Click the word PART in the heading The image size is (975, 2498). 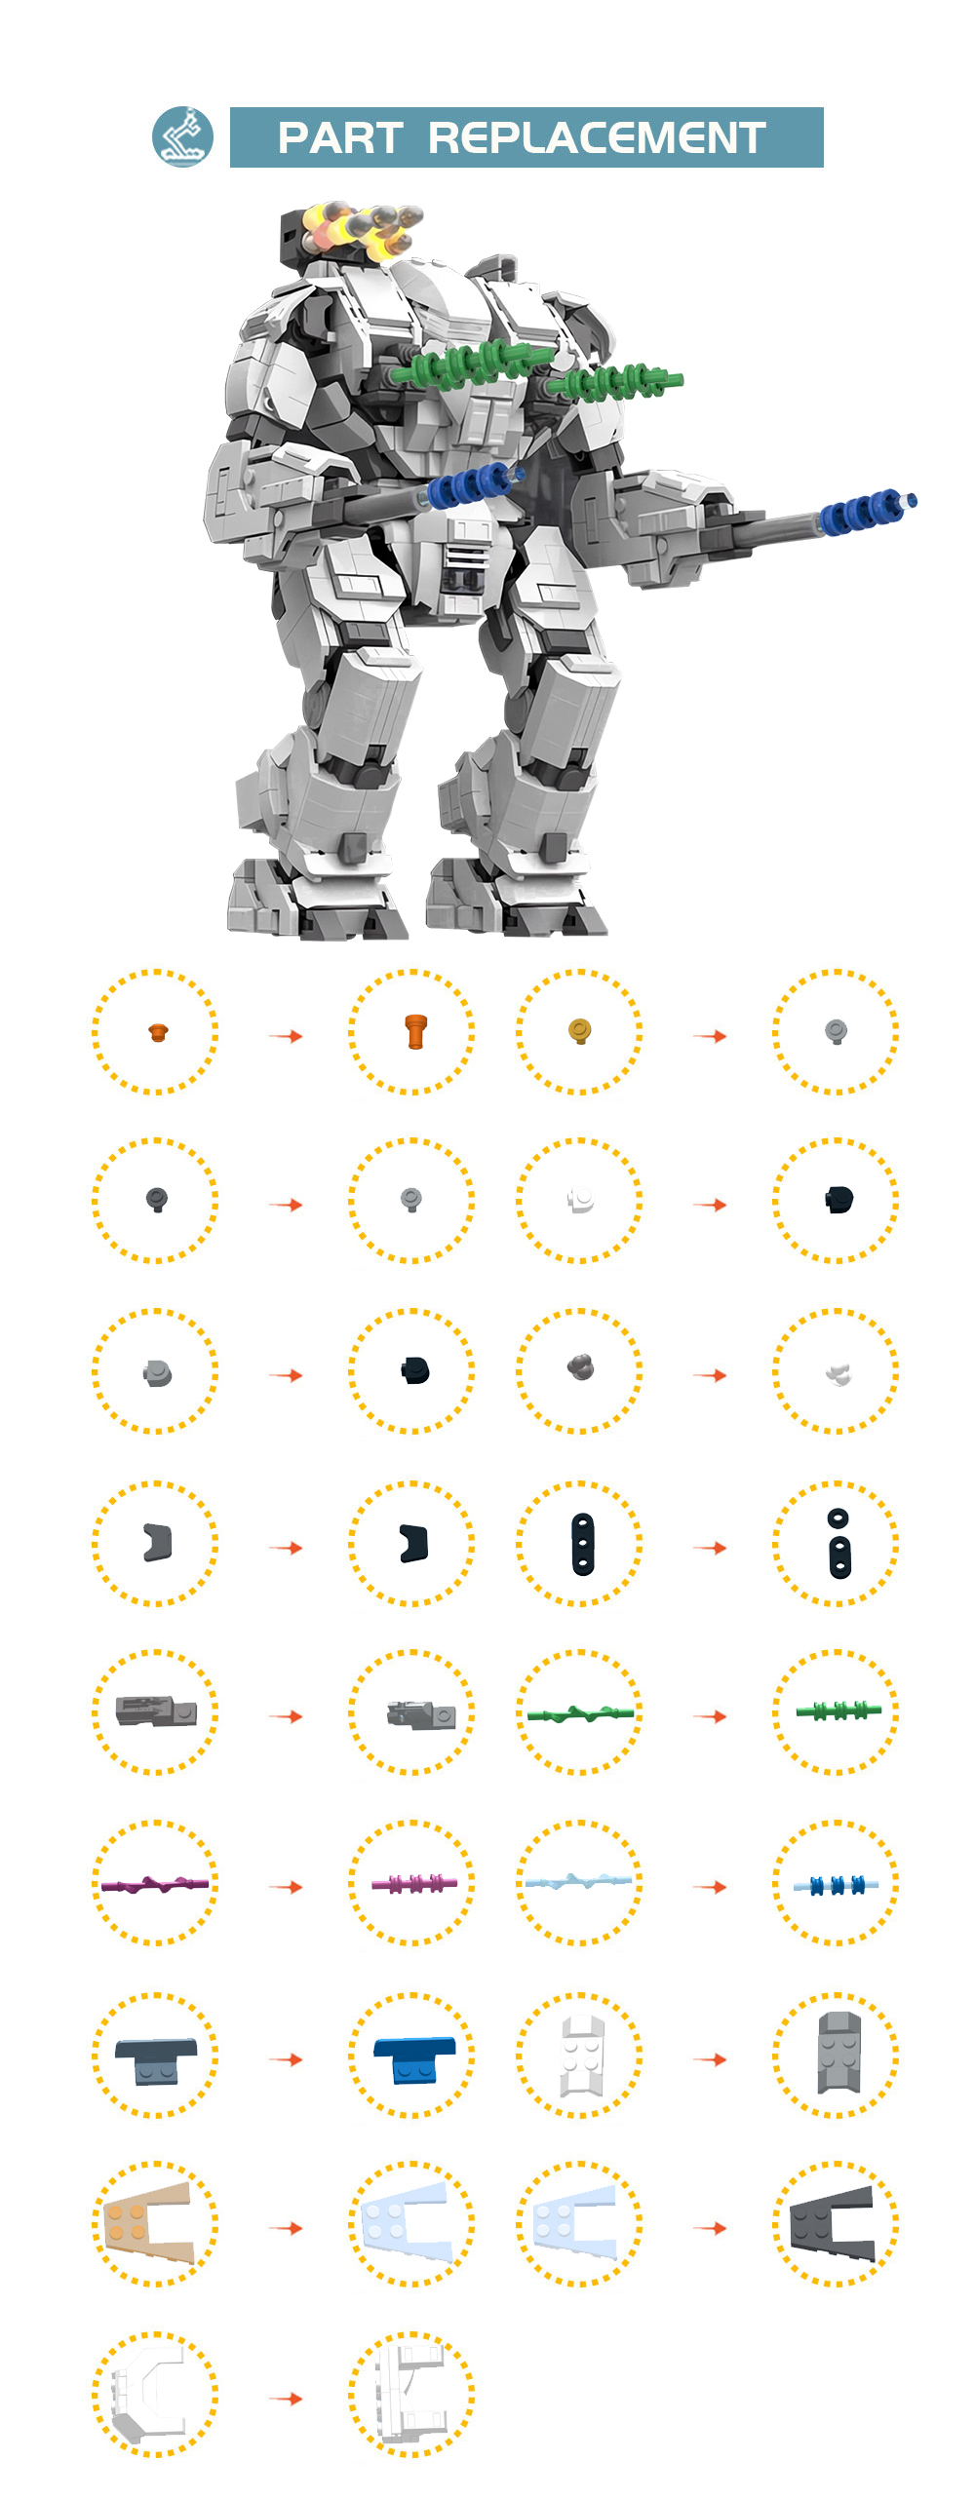pos(340,137)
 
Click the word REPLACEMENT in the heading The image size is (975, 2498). pos(597,137)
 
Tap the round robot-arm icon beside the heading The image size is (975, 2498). pos(182,136)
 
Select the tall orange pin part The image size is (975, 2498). pos(416,1031)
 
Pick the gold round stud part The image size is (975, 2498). pos(579,1030)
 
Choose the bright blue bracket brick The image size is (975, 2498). pos(414,2058)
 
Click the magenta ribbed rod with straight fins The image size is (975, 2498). pos(413,1883)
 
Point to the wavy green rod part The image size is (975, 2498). pos(580,1713)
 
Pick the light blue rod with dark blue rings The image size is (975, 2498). pos(836,1885)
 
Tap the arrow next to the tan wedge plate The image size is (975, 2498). pos(286,2228)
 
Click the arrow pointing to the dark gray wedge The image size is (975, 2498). pos(710,2228)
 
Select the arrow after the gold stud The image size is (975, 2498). pos(710,1036)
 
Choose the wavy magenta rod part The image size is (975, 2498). pos(155,1884)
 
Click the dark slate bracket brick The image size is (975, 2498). pos(156,2059)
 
